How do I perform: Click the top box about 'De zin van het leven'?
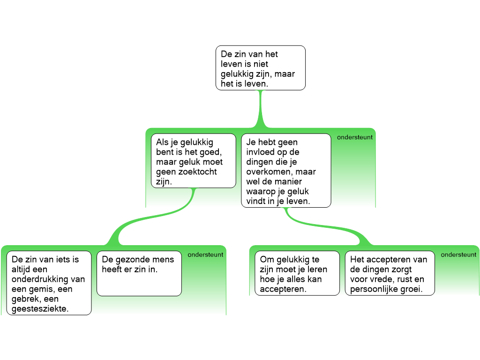click(260, 67)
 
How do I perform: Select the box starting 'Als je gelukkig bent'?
click(193, 161)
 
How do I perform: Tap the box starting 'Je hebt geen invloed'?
click(286, 170)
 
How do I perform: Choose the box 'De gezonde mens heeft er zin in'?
click(139, 273)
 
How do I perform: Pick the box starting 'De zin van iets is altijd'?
click(49, 283)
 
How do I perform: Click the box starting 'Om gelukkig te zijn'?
click(297, 273)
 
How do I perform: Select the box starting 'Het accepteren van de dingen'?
click(390, 273)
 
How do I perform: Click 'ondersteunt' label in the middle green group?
click(355, 137)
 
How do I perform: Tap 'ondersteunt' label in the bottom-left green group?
click(205, 255)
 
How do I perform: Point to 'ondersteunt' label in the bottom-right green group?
click(459, 255)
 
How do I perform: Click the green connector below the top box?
click(260, 110)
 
